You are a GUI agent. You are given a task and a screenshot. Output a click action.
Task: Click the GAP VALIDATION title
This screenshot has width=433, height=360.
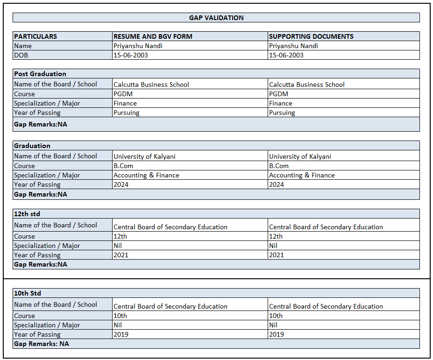pos(216,18)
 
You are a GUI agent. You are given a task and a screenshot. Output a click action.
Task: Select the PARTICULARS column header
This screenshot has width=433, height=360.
pos(35,36)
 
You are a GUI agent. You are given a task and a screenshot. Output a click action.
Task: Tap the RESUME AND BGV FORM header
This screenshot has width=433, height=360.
pos(153,36)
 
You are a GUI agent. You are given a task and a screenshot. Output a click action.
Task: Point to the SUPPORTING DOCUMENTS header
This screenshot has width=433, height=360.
pos(311,36)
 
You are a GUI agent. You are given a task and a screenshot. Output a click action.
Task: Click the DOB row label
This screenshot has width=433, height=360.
pos(21,55)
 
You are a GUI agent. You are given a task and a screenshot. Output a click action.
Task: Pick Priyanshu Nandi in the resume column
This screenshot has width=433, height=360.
pos(138,46)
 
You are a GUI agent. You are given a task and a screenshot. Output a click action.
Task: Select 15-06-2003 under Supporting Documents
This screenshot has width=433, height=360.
pos(286,55)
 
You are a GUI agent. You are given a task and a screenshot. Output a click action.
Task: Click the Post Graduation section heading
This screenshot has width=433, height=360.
pos(40,74)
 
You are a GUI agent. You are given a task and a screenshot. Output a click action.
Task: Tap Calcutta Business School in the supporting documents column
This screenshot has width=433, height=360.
pos(306,85)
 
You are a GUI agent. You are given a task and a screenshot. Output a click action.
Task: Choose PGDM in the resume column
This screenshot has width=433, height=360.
pos(123,94)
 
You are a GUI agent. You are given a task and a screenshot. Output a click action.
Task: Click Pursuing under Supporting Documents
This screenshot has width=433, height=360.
pos(282,113)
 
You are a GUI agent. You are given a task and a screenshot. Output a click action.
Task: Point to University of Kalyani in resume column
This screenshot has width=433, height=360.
pos(144,156)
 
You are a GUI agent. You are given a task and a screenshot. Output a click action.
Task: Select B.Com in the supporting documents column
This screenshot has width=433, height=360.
pos(278,166)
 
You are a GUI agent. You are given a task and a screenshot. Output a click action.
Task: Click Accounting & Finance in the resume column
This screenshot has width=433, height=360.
pos(146,175)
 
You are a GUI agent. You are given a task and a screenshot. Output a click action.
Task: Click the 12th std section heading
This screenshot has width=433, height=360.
pos(27,214)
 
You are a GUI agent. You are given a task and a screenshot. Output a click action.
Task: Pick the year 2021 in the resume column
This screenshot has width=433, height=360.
pos(121,255)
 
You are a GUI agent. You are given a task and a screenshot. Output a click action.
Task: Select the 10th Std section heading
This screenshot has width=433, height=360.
pos(28,293)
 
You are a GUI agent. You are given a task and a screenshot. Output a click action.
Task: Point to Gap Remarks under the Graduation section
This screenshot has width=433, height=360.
pos(41,194)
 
